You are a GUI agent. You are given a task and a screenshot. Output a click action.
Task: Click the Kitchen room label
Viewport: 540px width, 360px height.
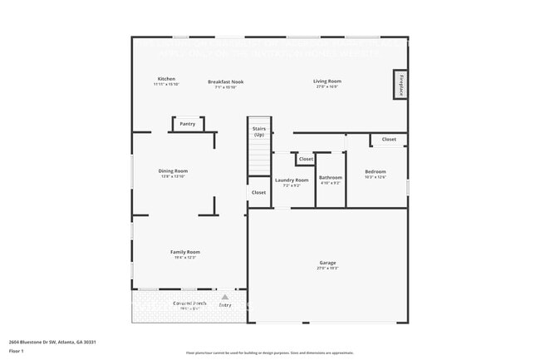[x=166, y=79]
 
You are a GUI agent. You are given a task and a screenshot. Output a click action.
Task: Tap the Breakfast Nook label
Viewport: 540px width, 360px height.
[x=225, y=81]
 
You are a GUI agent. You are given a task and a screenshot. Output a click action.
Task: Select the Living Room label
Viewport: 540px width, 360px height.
[x=326, y=81]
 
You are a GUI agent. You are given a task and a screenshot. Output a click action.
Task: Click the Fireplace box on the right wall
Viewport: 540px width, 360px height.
[x=400, y=85]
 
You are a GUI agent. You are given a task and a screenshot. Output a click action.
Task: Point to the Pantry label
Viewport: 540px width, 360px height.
[x=188, y=124]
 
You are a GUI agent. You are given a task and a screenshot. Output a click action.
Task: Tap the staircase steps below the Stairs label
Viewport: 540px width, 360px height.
[x=259, y=158]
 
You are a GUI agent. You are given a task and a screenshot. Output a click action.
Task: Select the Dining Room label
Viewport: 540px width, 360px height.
[x=174, y=171]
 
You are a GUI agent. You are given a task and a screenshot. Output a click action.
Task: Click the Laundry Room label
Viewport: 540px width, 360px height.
[x=292, y=180]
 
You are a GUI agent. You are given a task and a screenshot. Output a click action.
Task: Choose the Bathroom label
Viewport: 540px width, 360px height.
[x=331, y=177]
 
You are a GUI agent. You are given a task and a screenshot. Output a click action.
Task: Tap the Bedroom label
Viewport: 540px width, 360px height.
[x=375, y=172]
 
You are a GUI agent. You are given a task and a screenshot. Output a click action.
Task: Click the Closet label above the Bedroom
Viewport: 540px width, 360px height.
[x=389, y=140]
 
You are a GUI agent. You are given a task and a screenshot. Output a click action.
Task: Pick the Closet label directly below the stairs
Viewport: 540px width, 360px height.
[x=258, y=192]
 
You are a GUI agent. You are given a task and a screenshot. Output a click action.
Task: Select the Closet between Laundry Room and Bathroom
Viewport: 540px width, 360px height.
[x=306, y=159]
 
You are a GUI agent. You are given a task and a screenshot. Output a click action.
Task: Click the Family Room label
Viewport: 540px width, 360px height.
[x=185, y=252]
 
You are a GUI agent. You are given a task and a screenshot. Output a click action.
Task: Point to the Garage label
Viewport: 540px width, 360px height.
[x=327, y=264]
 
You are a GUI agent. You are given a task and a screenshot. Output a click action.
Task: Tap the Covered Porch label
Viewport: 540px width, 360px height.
[x=189, y=303]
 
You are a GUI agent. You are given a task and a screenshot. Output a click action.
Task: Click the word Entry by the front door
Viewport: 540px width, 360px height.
[x=225, y=305]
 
